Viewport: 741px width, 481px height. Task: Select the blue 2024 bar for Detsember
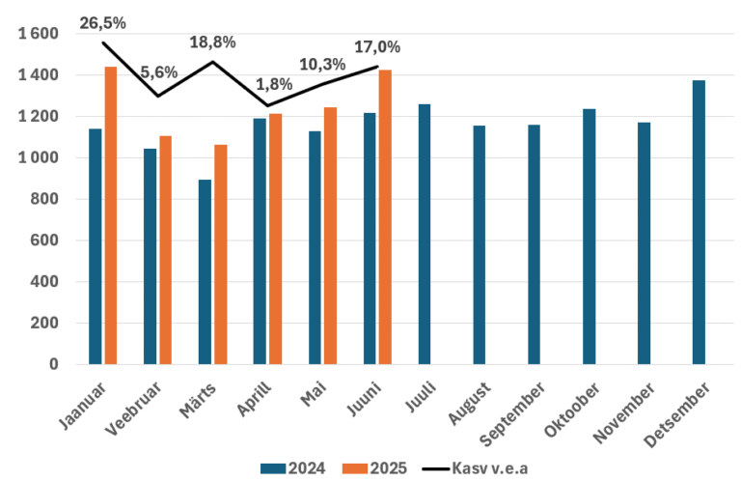click(x=699, y=222)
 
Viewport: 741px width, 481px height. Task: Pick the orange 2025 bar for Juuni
click(x=386, y=217)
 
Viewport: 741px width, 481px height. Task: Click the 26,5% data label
click(x=102, y=21)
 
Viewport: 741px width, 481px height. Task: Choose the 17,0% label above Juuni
click(x=377, y=46)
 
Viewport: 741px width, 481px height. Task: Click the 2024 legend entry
click(x=292, y=467)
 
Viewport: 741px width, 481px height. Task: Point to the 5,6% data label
click(x=158, y=72)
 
